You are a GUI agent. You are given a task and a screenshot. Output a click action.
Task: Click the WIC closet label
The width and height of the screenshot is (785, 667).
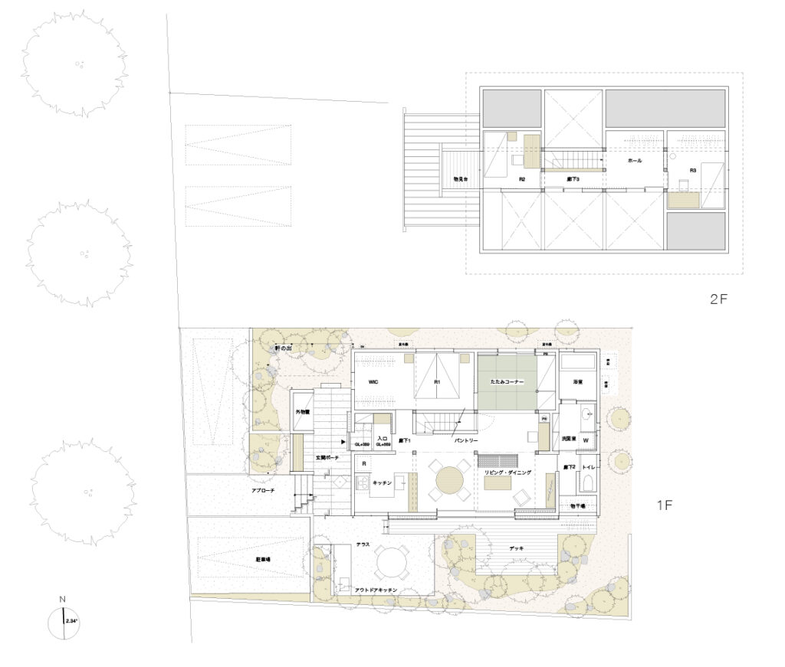coord(374,380)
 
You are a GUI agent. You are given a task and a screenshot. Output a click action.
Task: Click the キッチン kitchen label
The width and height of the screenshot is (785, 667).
coord(383,483)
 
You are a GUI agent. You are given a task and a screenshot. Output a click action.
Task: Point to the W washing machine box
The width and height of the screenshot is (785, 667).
coord(586,440)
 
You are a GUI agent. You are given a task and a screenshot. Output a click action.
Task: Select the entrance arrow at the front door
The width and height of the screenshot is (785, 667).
coord(343,442)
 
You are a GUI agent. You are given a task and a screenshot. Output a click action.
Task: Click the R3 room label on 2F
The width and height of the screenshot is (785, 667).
coord(692,169)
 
